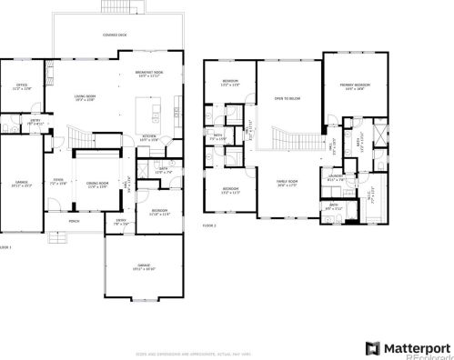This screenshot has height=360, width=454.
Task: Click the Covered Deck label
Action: coord(115,35)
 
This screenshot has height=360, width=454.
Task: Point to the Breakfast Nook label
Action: coord(149,73)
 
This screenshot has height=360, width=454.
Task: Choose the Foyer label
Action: coord(56,180)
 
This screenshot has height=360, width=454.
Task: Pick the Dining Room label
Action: coord(96,185)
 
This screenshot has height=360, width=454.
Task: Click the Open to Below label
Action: coord(288,97)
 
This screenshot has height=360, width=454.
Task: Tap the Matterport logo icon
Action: coord(372,347)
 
